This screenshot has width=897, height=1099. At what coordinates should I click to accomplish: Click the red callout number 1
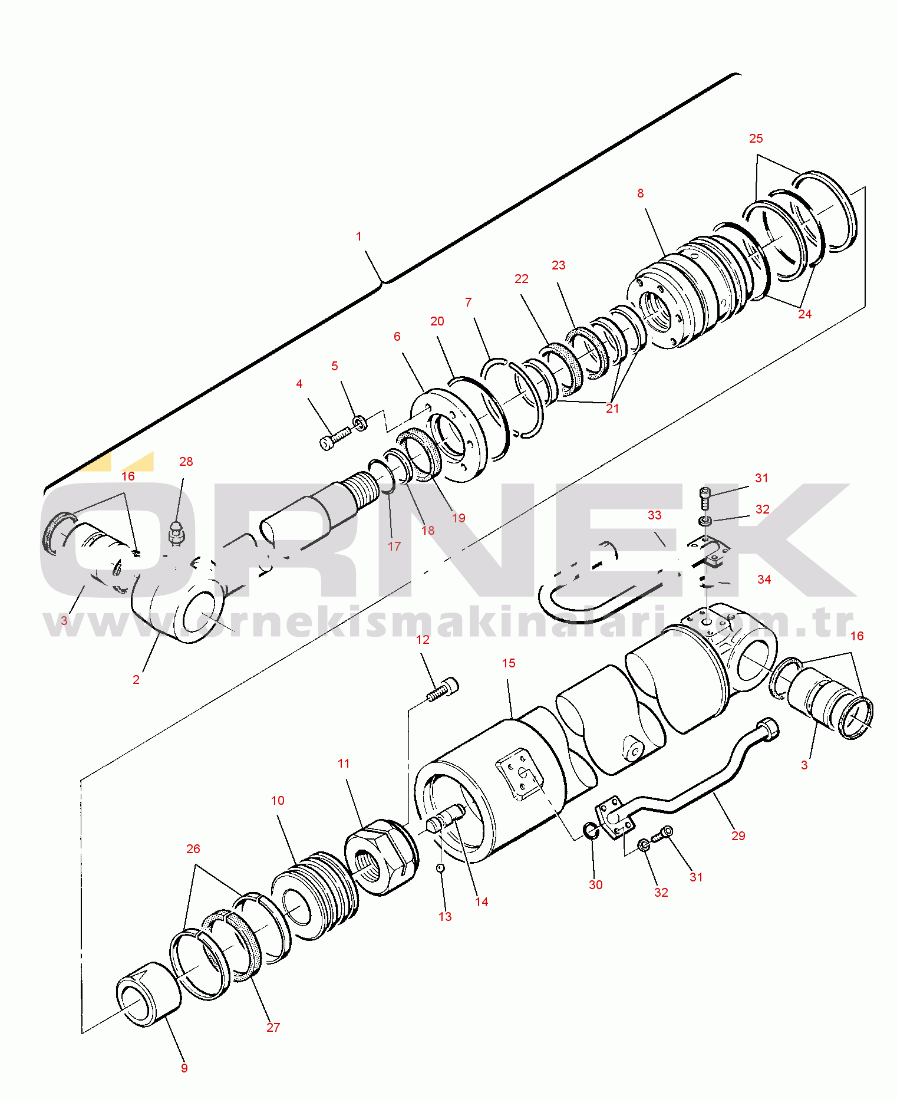(358, 236)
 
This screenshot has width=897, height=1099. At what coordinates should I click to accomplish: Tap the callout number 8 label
(641, 193)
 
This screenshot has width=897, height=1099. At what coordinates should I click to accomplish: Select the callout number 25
(756, 139)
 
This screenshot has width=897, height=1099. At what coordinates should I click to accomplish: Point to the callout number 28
(186, 462)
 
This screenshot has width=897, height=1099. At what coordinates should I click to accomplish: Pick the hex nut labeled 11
(380, 857)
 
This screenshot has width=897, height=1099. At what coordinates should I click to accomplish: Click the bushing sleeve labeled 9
(149, 994)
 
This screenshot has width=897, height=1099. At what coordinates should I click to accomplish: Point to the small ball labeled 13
(440, 867)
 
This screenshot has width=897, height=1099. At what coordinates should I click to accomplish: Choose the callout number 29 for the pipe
(738, 836)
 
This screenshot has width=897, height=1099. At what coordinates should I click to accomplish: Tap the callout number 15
(509, 663)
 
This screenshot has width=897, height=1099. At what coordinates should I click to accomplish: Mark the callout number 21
(613, 409)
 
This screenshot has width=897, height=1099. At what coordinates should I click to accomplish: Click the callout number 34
(764, 580)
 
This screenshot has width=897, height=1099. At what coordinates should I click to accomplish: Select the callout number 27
(273, 1028)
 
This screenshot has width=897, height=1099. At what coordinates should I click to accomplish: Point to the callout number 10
(278, 801)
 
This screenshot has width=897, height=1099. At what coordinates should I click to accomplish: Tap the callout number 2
(136, 680)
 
